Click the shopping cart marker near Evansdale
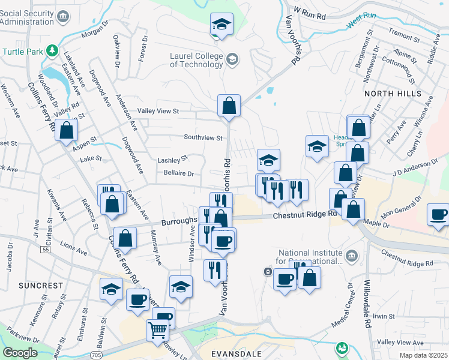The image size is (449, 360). [x=157, y=329]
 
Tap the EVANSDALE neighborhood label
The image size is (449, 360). [x=236, y=354]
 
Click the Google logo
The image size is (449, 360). [x=19, y=352]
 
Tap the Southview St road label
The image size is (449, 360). [x=203, y=137]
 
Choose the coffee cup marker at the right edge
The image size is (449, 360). [x=438, y=215]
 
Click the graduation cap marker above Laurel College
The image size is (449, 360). [x=221, y=25]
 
